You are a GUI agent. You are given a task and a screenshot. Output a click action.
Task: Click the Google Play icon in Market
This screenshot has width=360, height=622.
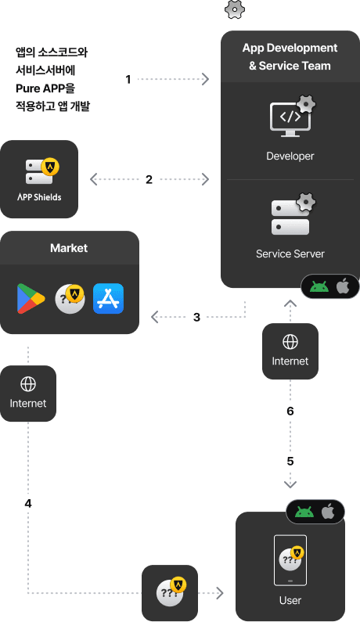point(31,299)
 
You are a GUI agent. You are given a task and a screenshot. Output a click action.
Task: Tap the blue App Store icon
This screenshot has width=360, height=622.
point(108,299)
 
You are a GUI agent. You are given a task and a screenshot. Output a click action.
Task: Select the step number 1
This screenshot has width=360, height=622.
point(128,79)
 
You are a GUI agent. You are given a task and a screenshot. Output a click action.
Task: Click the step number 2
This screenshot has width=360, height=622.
point(149,180)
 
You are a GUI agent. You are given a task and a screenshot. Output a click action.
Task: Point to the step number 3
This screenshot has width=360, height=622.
point(197,318)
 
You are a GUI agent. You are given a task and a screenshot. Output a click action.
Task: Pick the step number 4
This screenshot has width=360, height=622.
point(28,503)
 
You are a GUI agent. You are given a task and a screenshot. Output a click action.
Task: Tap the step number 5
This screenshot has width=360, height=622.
point(290,462)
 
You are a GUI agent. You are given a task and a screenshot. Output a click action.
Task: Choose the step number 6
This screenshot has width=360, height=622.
point(290,411)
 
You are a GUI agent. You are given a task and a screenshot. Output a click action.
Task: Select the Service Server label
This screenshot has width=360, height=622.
point(290,253)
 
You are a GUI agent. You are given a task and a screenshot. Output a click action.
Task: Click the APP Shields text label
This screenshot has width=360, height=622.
point(39,197)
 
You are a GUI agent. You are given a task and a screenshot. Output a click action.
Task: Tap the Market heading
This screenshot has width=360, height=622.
point(69,248)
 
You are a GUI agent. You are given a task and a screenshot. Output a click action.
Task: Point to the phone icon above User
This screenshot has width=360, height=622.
point(290,560)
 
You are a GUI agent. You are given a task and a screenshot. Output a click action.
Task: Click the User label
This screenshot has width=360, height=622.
point(290,600)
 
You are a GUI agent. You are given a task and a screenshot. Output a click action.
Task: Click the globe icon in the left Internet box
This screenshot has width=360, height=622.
point(28,384)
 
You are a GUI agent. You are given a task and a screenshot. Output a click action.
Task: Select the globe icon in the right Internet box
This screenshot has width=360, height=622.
point(290,342)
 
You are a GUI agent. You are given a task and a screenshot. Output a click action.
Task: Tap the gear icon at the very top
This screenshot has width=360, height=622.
point(235,9)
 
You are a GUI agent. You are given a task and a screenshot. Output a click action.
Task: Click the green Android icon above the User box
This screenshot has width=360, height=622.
point(304,512)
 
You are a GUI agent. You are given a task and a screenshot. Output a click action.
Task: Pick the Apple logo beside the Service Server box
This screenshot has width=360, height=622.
point(343,286)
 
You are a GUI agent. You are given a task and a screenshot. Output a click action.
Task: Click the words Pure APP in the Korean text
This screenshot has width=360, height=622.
point(40,88)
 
